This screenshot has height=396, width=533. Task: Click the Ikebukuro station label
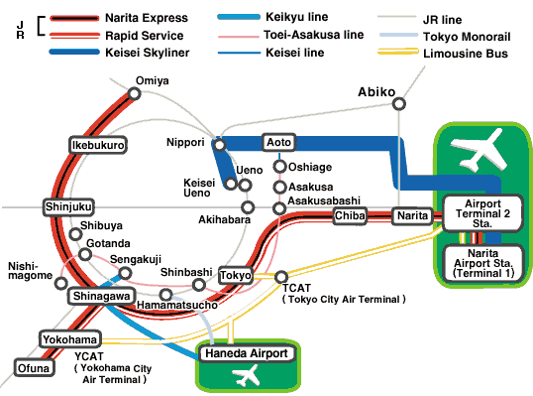point(98,145)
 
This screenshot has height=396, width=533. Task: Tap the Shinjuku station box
point(68,206)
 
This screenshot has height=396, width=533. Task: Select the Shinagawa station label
point(99,296)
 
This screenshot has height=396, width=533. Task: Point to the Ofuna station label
point(34,368)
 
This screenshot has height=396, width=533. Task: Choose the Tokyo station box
point(236,274)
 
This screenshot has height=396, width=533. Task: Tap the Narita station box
point(409,215)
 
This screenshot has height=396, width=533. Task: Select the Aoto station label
point(278,143)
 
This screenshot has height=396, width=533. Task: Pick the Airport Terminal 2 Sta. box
point(482,213)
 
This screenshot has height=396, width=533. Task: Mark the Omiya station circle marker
point(134,93)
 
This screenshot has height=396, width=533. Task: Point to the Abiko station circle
point(398,104)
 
